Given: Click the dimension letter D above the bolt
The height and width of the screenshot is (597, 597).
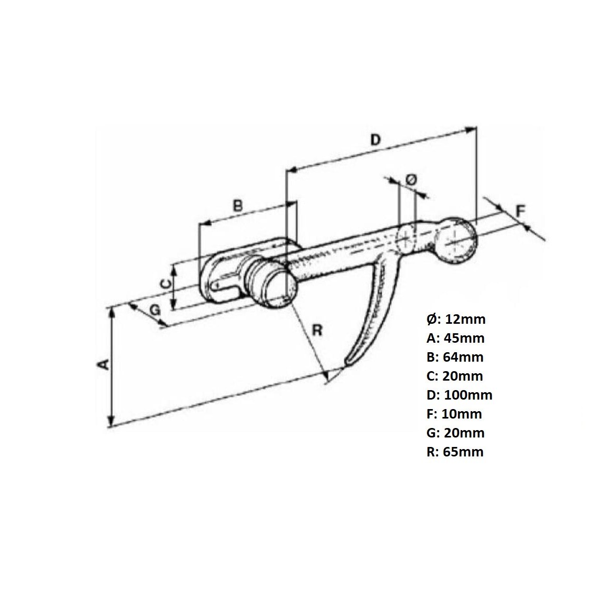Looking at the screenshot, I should click(374, 140).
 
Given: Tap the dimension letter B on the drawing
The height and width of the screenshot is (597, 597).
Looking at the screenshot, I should click(238, 205).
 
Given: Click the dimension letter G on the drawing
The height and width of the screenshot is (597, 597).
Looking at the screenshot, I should click(155, 310).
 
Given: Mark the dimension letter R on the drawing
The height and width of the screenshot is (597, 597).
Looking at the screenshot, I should click(317, 330).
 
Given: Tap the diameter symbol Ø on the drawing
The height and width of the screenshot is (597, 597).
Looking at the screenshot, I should click(411, 180).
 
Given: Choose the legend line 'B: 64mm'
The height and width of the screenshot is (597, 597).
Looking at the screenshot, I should click(455, 357).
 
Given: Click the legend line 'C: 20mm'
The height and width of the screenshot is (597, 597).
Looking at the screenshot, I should click(455, 376).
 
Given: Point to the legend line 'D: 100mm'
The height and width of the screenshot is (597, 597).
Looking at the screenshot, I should click(460, 395).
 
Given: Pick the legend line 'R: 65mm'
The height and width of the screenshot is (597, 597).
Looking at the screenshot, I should click(455, 452).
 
